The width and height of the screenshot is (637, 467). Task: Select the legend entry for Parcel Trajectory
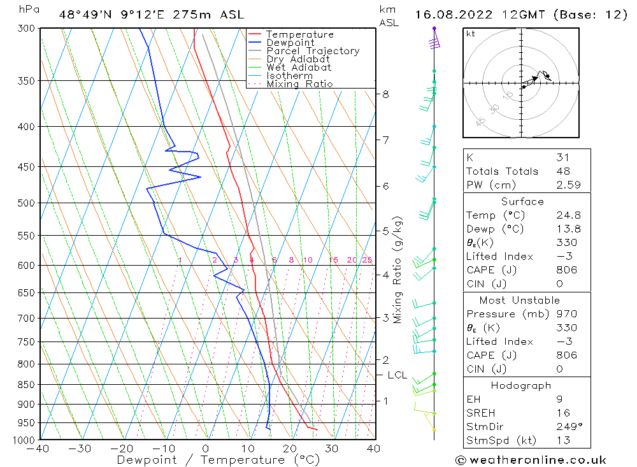312,51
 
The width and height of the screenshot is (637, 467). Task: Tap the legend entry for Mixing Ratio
299,83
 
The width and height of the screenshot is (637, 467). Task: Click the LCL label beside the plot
397,375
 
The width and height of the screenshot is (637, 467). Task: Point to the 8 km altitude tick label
386,94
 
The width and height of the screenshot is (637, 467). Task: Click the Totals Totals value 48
562,171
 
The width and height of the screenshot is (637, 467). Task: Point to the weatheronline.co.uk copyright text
531,459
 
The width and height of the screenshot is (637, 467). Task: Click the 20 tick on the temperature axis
289,449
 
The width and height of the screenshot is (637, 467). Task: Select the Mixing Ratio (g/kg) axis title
398,269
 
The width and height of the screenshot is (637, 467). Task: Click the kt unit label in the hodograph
471,34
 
